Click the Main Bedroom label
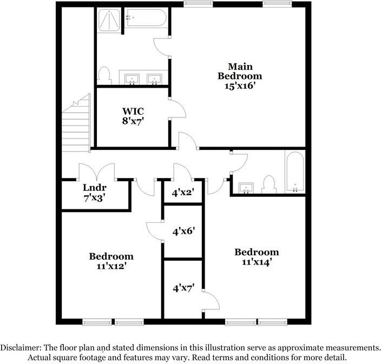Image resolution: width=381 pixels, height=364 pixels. (239, 71)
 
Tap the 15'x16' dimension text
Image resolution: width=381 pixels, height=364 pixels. (239, 85)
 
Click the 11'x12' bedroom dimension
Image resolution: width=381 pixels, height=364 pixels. (111, 266)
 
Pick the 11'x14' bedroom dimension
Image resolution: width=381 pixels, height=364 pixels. (257, 262)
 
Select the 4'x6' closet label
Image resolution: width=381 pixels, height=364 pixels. (183, 231)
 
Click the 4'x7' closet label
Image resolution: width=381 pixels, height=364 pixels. (183, 288)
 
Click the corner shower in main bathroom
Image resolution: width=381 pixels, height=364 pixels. (110, 21)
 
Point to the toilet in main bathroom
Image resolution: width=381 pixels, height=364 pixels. (104, 75)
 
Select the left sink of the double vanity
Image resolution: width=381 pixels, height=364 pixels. (132, 80)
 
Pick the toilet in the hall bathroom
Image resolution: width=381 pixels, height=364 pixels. (268, 184)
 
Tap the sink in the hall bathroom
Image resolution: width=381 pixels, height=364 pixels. (246, 188)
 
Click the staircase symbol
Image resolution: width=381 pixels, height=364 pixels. (76, 123)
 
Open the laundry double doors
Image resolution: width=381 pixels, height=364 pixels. (97, 172)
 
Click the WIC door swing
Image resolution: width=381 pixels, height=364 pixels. (178, 108)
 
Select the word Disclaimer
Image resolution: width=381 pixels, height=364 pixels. (21, 348)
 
